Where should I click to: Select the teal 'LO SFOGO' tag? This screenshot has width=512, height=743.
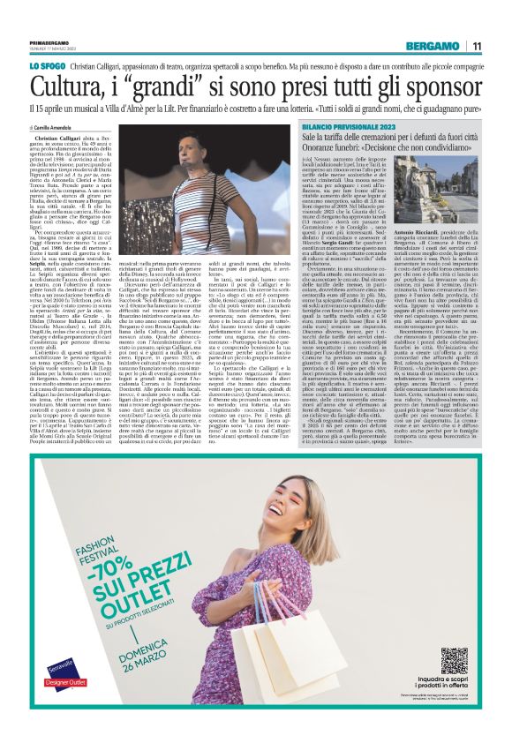click(49, 66)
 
